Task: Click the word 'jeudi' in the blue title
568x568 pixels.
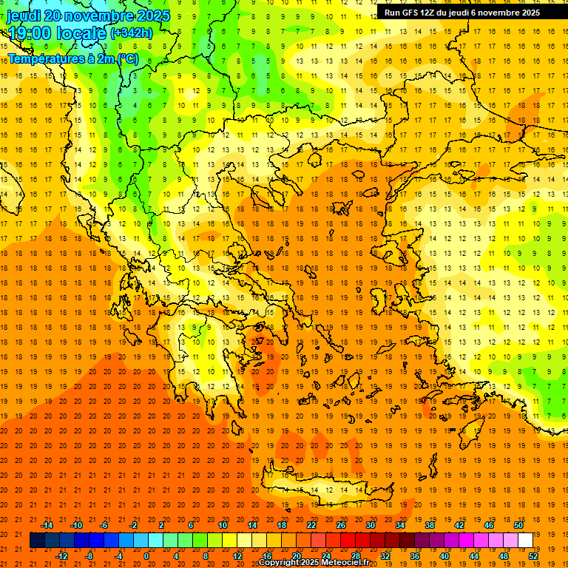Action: click(x=24, y=16)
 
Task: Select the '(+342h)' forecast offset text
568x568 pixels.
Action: click(x=132, y=33)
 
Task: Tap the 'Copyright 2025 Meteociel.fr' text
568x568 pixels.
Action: click(x=314, y=563)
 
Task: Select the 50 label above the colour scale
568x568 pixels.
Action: click(x=518, y=525)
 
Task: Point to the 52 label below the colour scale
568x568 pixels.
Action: click(x=533, y=556)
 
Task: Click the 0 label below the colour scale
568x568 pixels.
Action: click(x=146, y=556)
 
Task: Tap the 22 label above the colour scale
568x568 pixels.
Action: click(x=311, y=525)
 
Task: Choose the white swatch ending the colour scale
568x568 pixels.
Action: click(x=525, y=541)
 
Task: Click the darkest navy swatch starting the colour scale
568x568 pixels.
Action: click(x=37, y=541)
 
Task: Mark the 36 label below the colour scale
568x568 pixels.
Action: click(x=415, y=556)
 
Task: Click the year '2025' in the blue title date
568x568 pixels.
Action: click(x=152, y=16)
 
